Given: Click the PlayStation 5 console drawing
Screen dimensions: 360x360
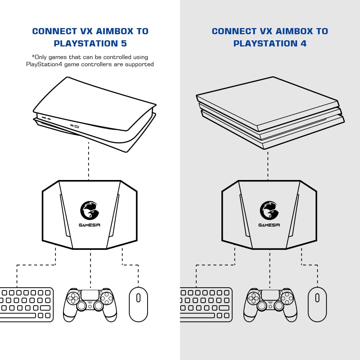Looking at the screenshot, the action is (95, 114).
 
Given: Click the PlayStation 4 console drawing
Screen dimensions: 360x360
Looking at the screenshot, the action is (270, 113).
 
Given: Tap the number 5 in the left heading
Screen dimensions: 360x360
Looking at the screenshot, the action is (124, 44).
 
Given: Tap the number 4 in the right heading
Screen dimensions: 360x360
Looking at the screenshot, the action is (303, 44).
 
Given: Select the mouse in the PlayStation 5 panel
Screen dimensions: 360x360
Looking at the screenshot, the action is (138, 304).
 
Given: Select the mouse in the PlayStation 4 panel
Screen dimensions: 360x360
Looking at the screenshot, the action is (317, 304).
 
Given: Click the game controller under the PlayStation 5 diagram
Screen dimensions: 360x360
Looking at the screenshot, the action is (90, 305).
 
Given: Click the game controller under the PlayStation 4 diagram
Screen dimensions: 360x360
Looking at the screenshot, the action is (270, 305).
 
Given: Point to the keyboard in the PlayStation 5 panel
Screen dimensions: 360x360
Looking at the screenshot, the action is (27, 305).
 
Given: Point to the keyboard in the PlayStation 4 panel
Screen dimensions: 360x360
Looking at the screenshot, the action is (206, 305).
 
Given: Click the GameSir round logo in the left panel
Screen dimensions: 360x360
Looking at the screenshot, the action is (90, 210).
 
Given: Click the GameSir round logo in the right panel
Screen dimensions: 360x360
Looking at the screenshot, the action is (269, 210).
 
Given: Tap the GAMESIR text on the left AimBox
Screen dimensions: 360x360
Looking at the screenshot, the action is (90, 225).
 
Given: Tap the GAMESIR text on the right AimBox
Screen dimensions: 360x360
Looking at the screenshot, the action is (269, 225).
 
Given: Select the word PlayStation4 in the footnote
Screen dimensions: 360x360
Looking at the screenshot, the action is (44, 64).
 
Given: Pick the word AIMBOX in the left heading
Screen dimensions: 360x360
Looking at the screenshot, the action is (114, 31).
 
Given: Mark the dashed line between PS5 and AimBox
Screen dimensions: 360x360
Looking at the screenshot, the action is (89, 161).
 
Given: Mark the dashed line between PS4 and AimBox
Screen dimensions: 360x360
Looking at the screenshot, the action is (268, 165).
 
